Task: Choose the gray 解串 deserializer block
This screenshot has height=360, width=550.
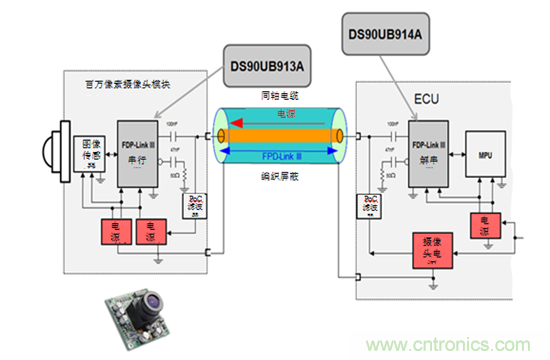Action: [x=428, y=157]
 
